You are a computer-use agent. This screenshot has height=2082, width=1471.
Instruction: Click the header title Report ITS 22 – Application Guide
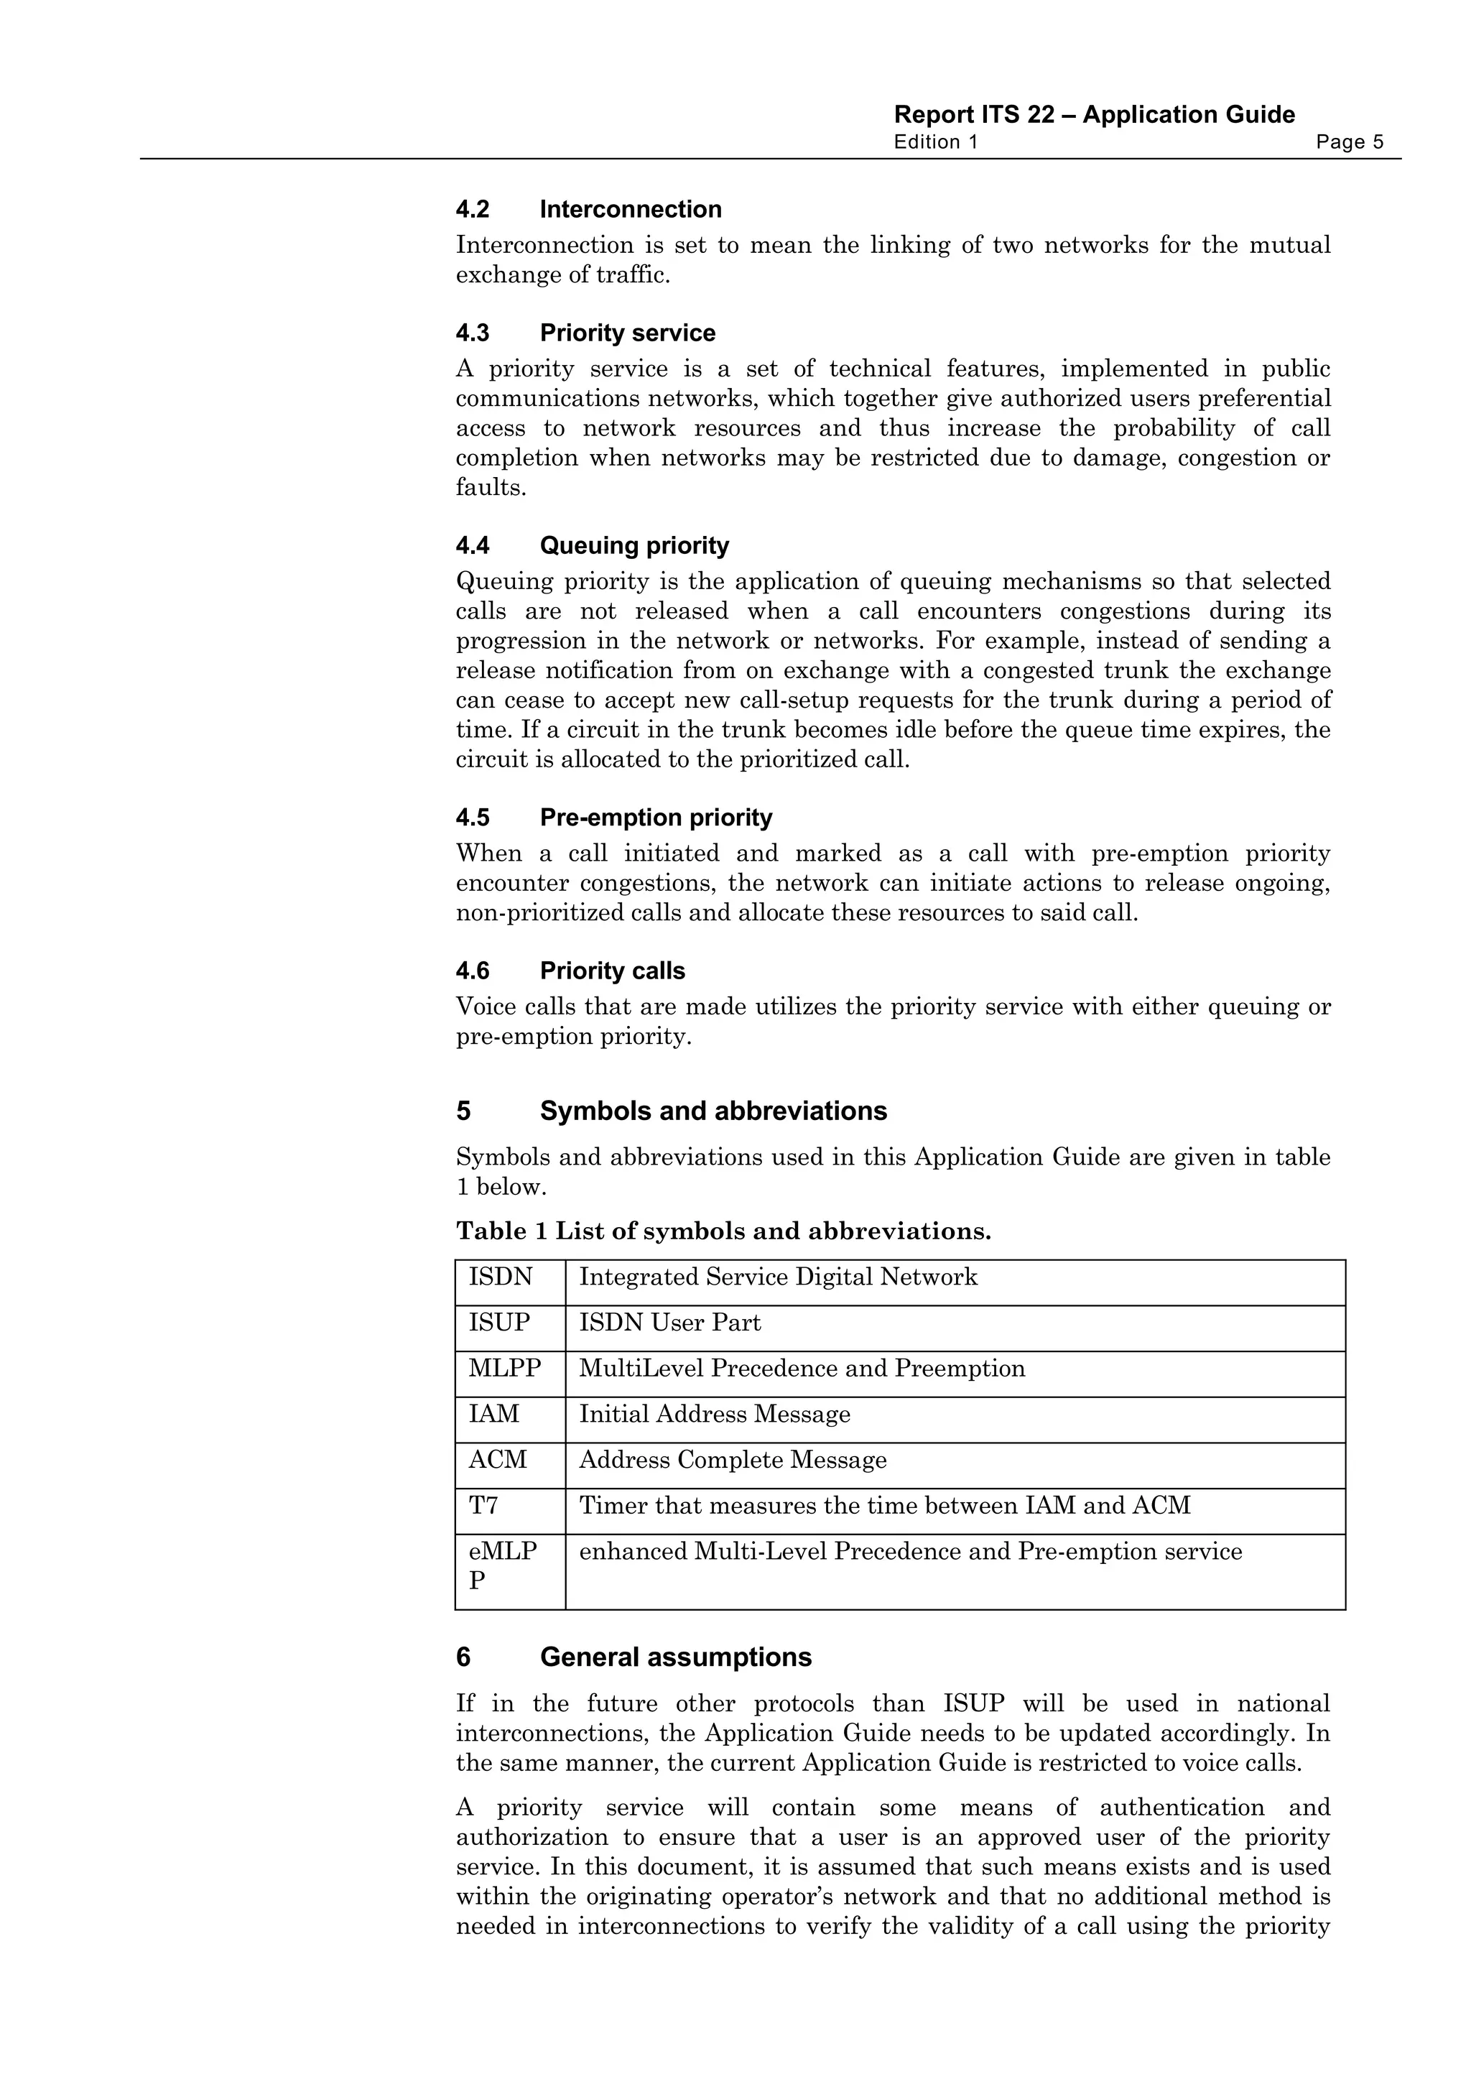click(1093, 115)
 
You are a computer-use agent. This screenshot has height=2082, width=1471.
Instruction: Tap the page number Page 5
click(1349, 142)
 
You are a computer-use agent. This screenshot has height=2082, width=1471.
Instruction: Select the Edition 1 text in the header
click(935, 142)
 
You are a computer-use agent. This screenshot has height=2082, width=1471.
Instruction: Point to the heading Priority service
click(627, 333)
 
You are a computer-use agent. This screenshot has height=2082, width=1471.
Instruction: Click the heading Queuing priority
click(634, 546)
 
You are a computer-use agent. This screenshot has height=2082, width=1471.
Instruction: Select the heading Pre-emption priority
click(655, 818)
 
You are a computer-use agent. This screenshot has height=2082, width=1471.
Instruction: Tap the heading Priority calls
click(612, 971)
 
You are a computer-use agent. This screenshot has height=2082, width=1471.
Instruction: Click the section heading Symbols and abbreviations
click(713, 1111)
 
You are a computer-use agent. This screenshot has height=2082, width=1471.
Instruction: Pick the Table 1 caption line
click(723, 1231)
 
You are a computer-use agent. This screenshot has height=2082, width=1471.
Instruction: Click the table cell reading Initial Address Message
click(714, 1415)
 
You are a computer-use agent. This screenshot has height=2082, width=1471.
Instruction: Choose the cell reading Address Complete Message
click(733, 1460)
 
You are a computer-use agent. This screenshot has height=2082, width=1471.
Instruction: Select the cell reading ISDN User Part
click(670, 1323)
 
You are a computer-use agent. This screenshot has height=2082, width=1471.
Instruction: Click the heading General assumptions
click(675, 1657)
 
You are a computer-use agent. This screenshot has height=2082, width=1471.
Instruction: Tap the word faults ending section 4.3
click(489, 488)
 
